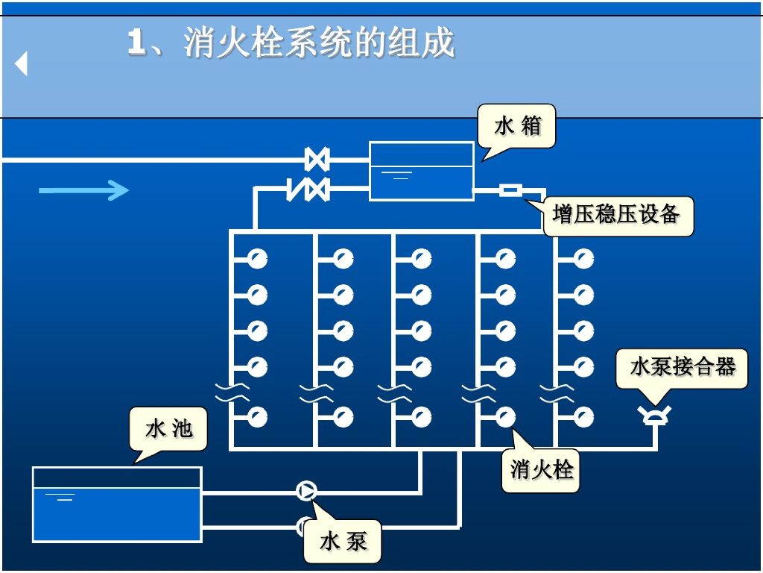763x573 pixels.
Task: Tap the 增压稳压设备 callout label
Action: pyautogui.click(x=617, y=216)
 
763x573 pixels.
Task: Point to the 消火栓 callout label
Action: pyautogui.click(x=542, y=470)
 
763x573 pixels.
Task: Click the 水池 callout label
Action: pyautogui.click(x=168, y=429)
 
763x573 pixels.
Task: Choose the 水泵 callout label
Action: pyautogui.click(x=343, y=541)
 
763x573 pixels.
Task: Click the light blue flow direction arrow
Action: pyautogui.click(x=83, y=191)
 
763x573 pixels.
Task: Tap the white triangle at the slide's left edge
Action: pyautogui.click(x=22, y=64)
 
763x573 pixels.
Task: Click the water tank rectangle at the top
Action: pyautogui.click(x=422, y=171)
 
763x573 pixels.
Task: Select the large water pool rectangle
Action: pyautogui.click(x=117, y=504)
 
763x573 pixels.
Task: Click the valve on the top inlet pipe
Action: pyautogui.click(x=317, y=160)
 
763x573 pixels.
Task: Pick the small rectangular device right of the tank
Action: pyautogui.click(x=510, y=191)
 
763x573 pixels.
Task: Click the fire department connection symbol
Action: pyautogui.click(x=656, y=415)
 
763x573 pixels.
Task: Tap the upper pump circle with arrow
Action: pyautogui.click(x=306, y=491)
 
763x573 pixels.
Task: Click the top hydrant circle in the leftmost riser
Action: pyautogui.click(x=258, y=259)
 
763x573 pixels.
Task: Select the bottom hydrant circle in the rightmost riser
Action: pyautogui.click(x=584, y=416)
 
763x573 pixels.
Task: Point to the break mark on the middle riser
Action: pyautogui.click(x=395, y=392)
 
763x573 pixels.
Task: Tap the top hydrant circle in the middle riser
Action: pyautogui.click(x=422, y=259)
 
